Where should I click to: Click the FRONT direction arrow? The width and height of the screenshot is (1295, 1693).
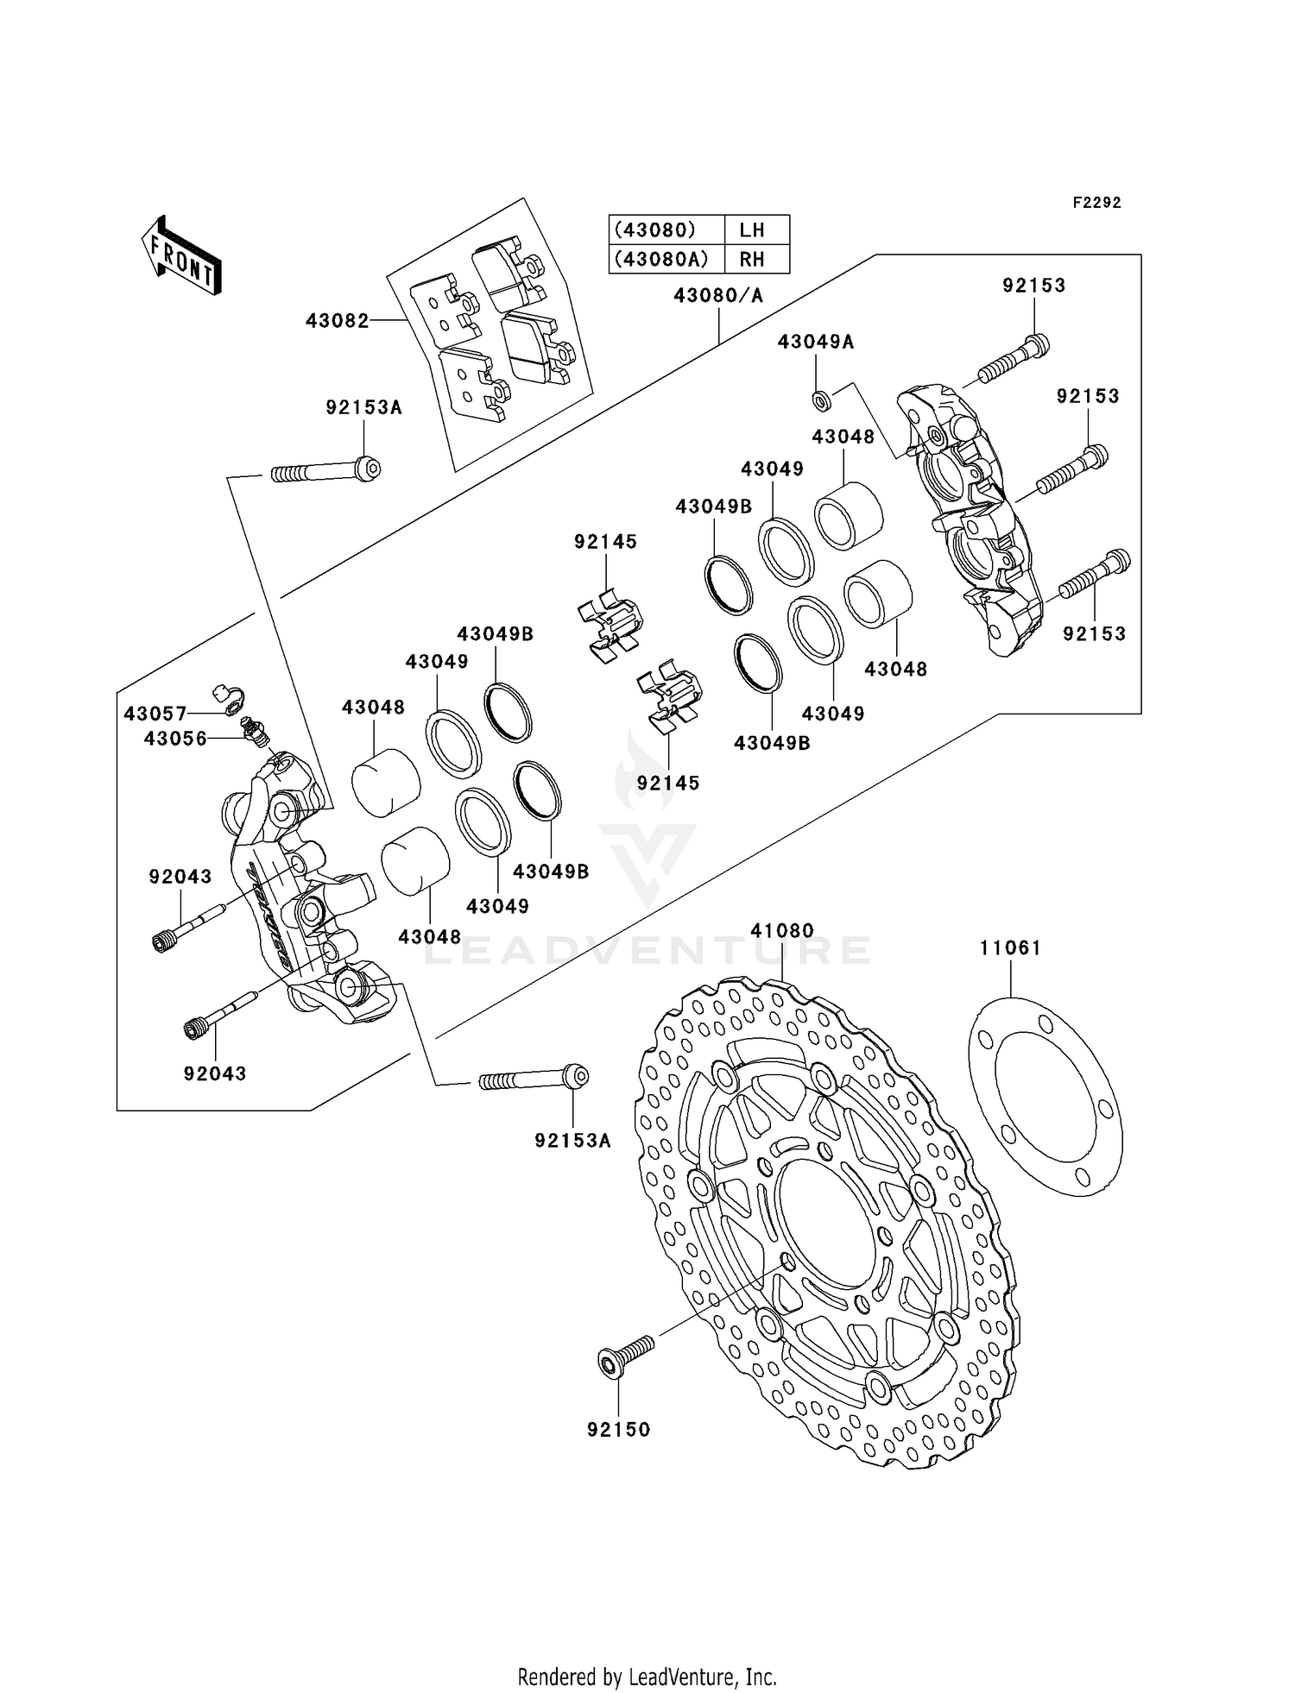[x=181, y=258]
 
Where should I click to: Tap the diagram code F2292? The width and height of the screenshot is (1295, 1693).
[x=1096, y=203]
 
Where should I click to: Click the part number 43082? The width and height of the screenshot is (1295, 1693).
[x=337, y=321]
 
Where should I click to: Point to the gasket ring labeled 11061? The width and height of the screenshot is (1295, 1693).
[x=1045, y=1096]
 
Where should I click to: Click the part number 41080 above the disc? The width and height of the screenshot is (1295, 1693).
[x=782, y=931]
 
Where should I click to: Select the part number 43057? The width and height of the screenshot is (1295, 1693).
[x=155, y=714]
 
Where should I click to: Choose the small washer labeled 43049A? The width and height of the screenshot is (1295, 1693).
[x=822, y=400]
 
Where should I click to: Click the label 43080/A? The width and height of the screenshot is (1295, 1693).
[x=718, y=296]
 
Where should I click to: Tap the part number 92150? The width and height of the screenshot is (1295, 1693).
[x=618, y=1430]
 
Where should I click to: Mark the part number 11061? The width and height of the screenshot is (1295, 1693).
[x=1010, y=948]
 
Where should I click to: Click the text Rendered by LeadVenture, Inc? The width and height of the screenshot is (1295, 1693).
[x=647, y=1677]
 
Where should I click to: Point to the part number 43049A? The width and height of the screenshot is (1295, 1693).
[x=815, y=342]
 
